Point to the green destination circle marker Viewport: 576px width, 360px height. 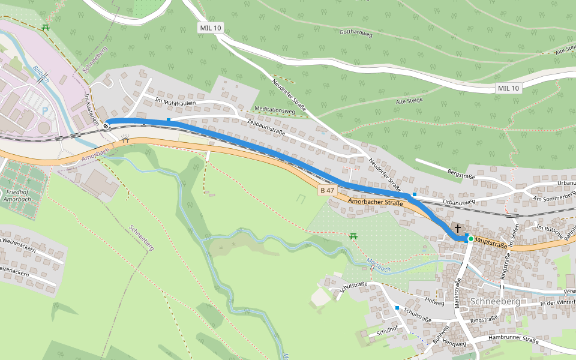coord(471,239)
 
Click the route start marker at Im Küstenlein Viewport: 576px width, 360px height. coord(106,125)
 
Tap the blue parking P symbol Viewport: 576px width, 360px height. coord(46,110)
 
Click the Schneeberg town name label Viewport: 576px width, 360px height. coord(495,301)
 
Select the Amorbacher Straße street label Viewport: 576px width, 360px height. coord(374,203)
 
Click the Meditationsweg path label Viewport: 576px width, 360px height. coord(275,111)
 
